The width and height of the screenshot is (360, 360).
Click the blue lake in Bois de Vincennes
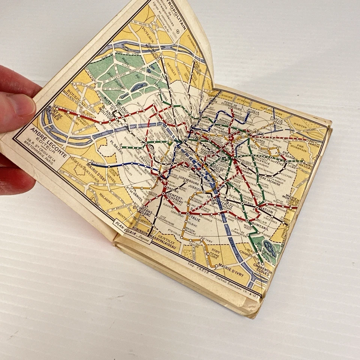[269, 247]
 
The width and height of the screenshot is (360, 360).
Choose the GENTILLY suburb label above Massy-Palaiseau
[166, 237]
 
